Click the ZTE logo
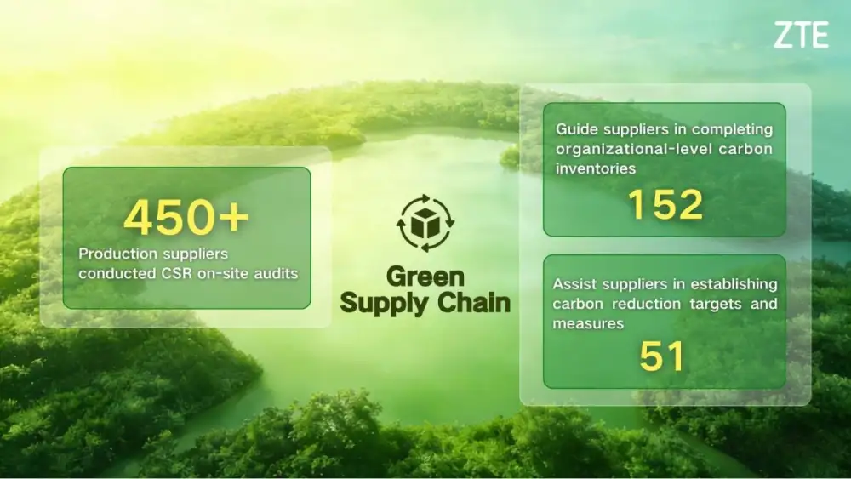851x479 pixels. point(801,36)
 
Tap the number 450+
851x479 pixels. point(186,218)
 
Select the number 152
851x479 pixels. point(665,205)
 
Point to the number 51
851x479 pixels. point(662,357)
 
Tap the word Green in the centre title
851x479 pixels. point(425,277)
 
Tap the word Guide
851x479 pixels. point(577,129)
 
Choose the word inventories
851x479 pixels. point(596,168)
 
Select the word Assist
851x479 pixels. point(574,283)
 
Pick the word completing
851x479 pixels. point(733,129)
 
